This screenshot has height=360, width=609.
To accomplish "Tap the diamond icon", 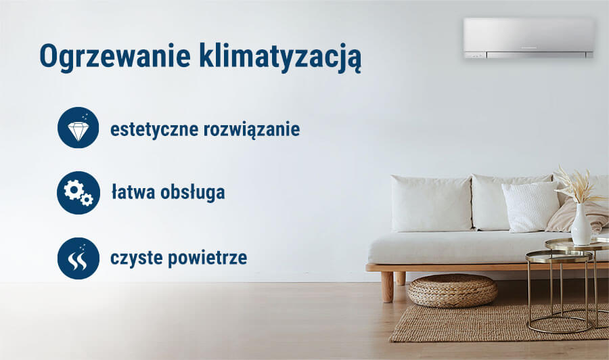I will pyautogui.click(x=78, y=127).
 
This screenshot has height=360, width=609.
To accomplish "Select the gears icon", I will pyautogui.click(x=78, y=193).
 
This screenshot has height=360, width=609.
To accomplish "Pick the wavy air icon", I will pyautogui.click(x=78, y=258).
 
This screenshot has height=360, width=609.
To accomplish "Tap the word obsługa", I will pyautogui.click(x=192, y=193).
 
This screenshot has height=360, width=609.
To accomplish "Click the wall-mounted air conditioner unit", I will pyautogui.click(x=528, y=38).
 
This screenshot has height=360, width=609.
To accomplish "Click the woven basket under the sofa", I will pyautogui.click(x=452, y=290).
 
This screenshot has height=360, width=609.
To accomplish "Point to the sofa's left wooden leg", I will pyautogui.click(x=387, y=286).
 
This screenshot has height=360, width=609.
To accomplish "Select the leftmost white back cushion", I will pyautogui.click(x=430, y=203).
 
